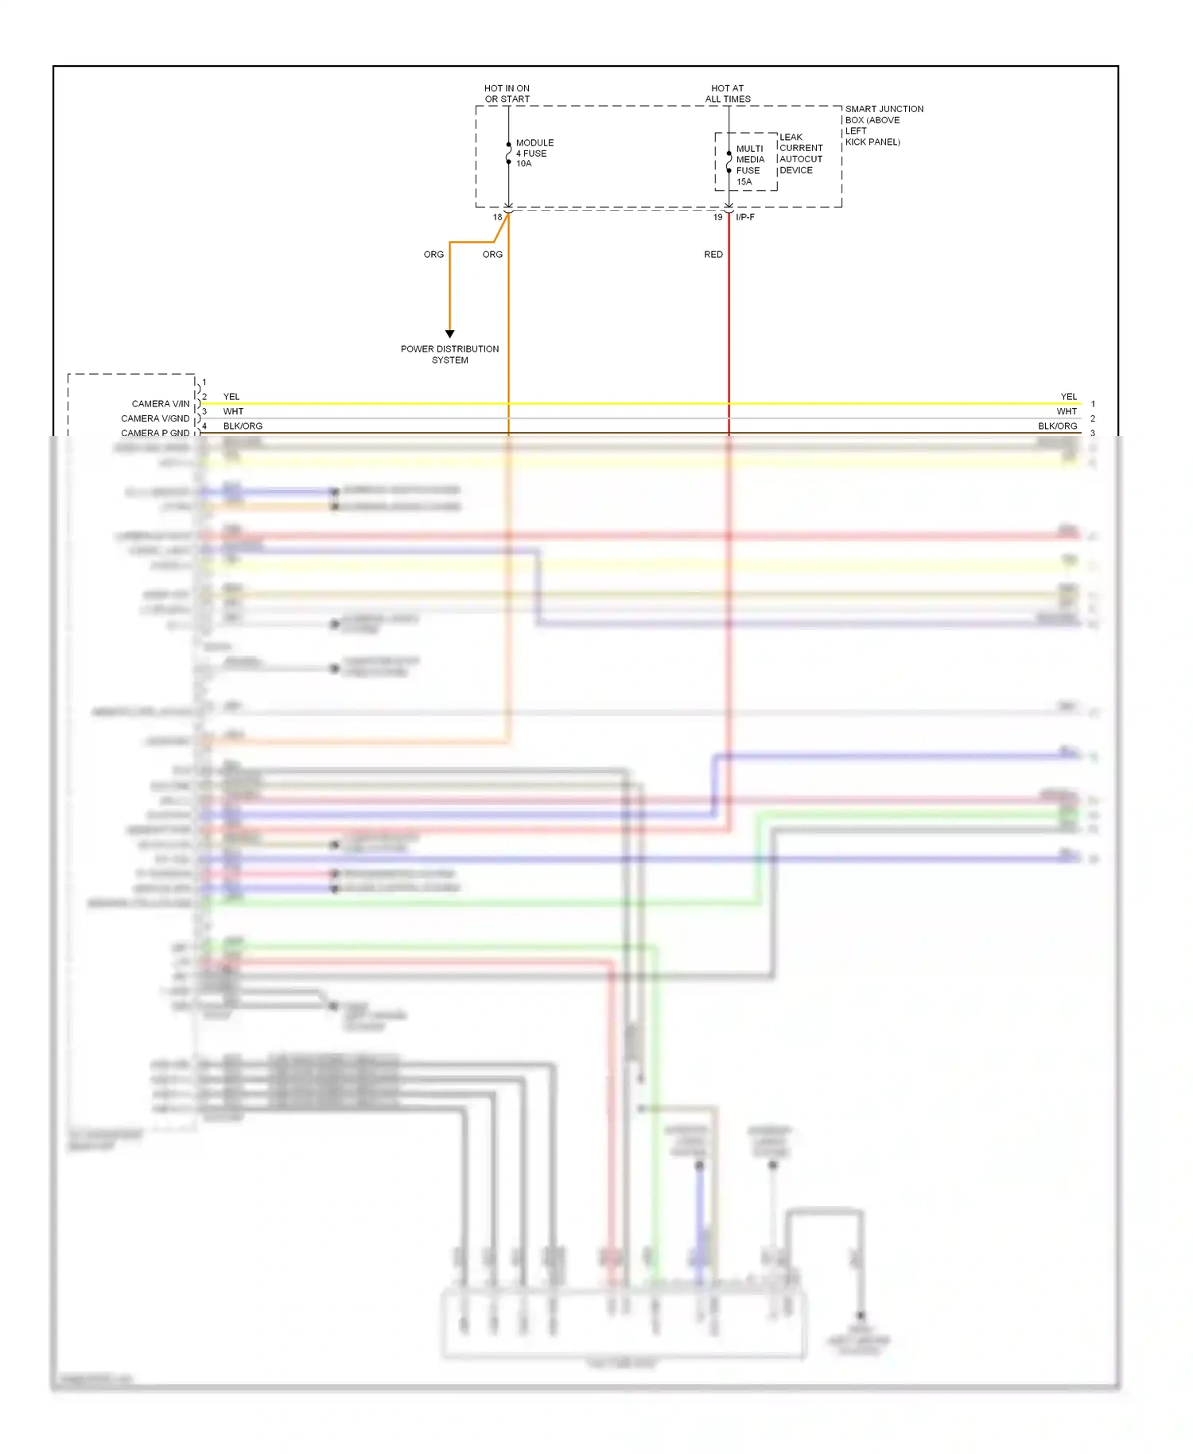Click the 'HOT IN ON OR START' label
[x=507, y=94]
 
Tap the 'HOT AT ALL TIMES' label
[x=728, y=94]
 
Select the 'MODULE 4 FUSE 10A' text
[x=534, y=154]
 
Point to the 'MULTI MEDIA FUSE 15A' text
[x=749, y=165]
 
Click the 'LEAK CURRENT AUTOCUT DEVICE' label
[x=800, y=154]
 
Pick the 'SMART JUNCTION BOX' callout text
[x=883, y=125]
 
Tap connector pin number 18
[x=497, y=217]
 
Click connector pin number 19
[x=717, y=217]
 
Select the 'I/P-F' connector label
[x=745, y=217]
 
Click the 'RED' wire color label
[x=713, y=255]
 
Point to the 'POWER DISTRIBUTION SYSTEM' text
[x=450, y=355]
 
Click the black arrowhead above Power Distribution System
[x=450, y=334]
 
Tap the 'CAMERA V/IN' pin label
[x=161, y=404]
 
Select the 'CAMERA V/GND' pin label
[x=155, y=418]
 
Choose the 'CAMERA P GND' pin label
[x=155, y=433]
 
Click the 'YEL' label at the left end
[x=231, y=397]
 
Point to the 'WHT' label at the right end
[x=1067, y=412]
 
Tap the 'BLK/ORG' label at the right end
[x=1057, y=426]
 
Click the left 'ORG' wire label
[x=433, y=255]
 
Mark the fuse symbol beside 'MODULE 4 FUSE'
[x=509, y=154]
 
